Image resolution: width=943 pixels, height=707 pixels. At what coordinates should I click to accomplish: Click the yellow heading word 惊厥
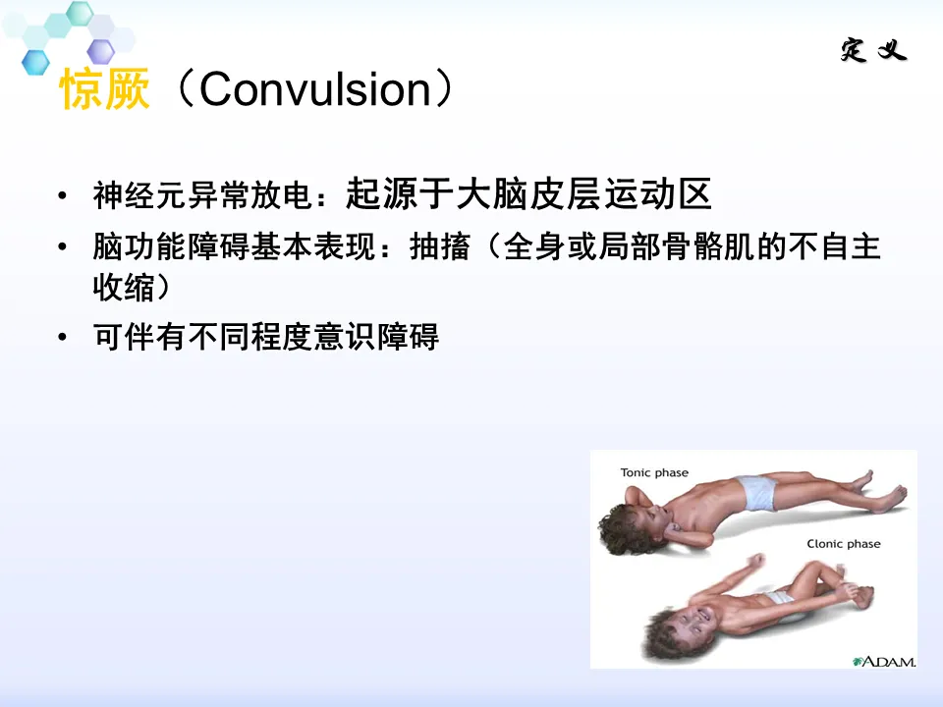point(105,89)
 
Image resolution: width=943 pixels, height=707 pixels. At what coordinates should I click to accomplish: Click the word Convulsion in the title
point(314,89)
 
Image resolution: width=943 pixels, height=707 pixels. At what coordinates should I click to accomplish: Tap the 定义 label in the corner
point(873,49)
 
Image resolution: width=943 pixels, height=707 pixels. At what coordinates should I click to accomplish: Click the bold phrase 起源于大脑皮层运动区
point(528,193)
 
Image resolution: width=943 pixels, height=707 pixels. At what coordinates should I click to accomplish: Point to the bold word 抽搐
point(440,245)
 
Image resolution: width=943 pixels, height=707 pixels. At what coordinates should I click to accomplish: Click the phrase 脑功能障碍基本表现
point(234,246)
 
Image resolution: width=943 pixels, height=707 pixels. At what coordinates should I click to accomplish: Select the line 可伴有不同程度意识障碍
point(266,336)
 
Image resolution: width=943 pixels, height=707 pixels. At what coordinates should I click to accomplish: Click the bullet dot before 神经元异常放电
point(62,195)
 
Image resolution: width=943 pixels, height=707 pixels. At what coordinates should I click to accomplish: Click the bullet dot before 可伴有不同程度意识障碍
point(62,337)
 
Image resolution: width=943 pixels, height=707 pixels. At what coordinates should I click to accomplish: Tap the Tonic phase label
point(654,472)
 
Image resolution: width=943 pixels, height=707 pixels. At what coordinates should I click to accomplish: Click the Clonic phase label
point(843,543)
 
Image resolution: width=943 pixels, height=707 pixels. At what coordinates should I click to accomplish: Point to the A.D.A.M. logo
point(883,661)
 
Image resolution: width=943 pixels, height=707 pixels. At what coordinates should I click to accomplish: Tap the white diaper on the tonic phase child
point(759,492)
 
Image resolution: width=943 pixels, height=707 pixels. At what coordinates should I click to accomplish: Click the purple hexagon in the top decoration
point(101,51)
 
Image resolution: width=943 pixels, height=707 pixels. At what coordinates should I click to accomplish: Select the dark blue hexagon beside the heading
point(35,62)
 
